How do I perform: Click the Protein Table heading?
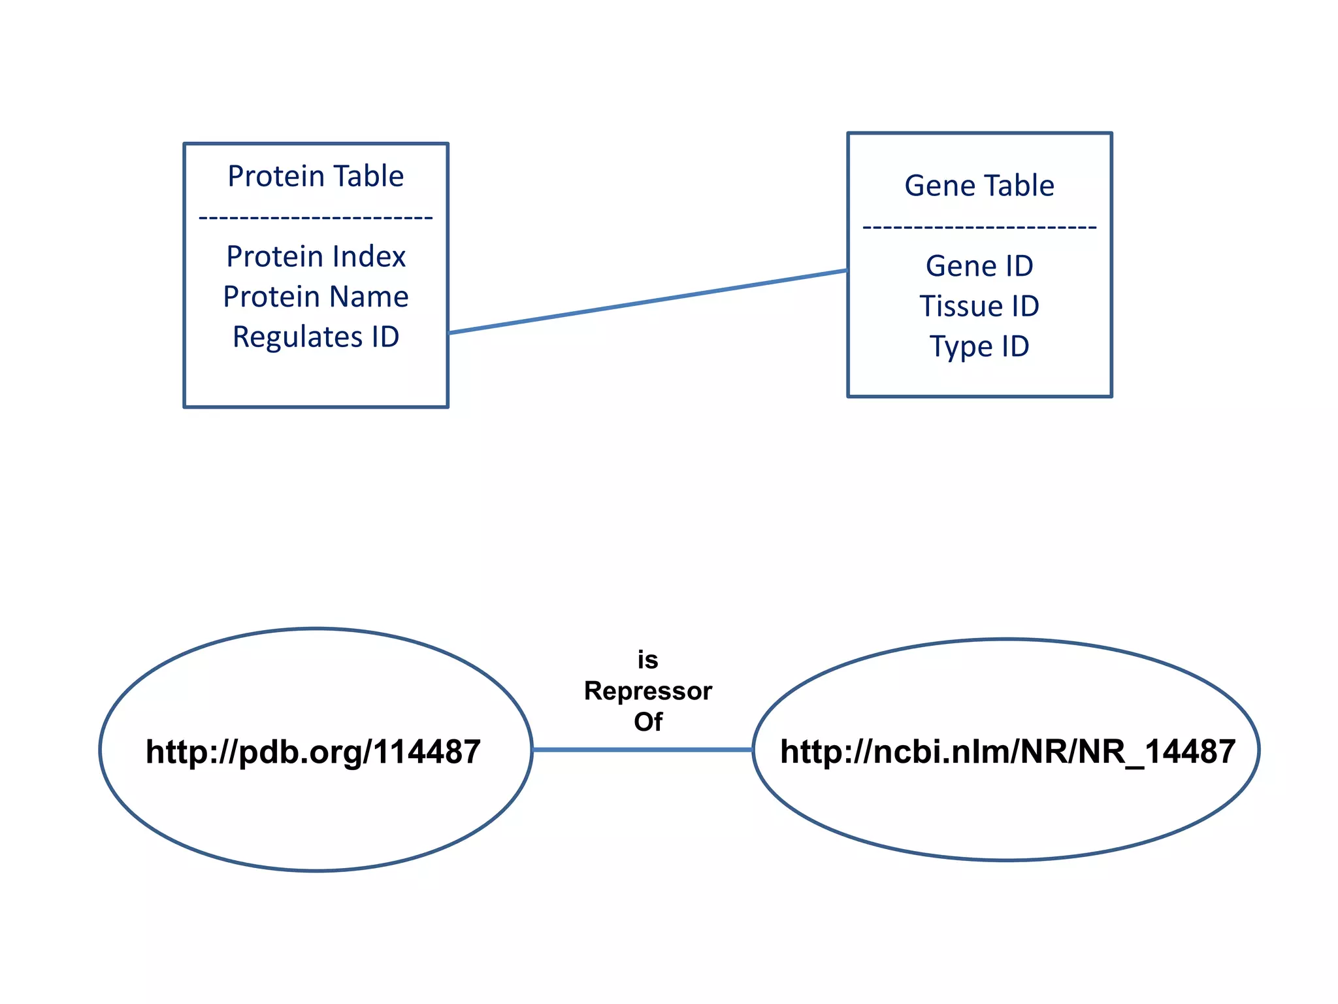(x=316, y=176)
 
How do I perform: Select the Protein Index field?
(x=316, y=256)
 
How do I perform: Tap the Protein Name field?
(x=316, y=297)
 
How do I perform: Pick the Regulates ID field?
(x=316, y=337)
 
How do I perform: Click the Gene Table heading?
(x=979, y=186)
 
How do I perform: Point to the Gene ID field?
(x=979, y=266)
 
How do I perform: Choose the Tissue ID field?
(x=979, y=307)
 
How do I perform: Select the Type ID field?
(x=979, y=346)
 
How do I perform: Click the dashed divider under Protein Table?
(x=316, y=217)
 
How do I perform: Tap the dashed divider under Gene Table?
(x=979, y=227)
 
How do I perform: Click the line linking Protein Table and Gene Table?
(x=647, y=301)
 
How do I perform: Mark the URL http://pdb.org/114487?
(x=313, y=752)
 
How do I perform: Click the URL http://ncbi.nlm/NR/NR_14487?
(x=1007, y=752)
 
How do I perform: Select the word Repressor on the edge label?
(x=647, y=691)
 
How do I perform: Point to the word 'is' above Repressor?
(x=647, y=660)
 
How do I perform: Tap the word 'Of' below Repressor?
(x=647, y=722)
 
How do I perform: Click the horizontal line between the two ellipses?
(x=642, y=750)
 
